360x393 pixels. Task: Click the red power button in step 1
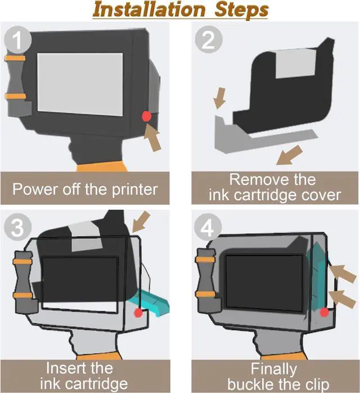click(146, 116)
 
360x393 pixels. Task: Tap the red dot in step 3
click(137, 311)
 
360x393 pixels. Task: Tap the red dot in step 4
click(324, 312)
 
